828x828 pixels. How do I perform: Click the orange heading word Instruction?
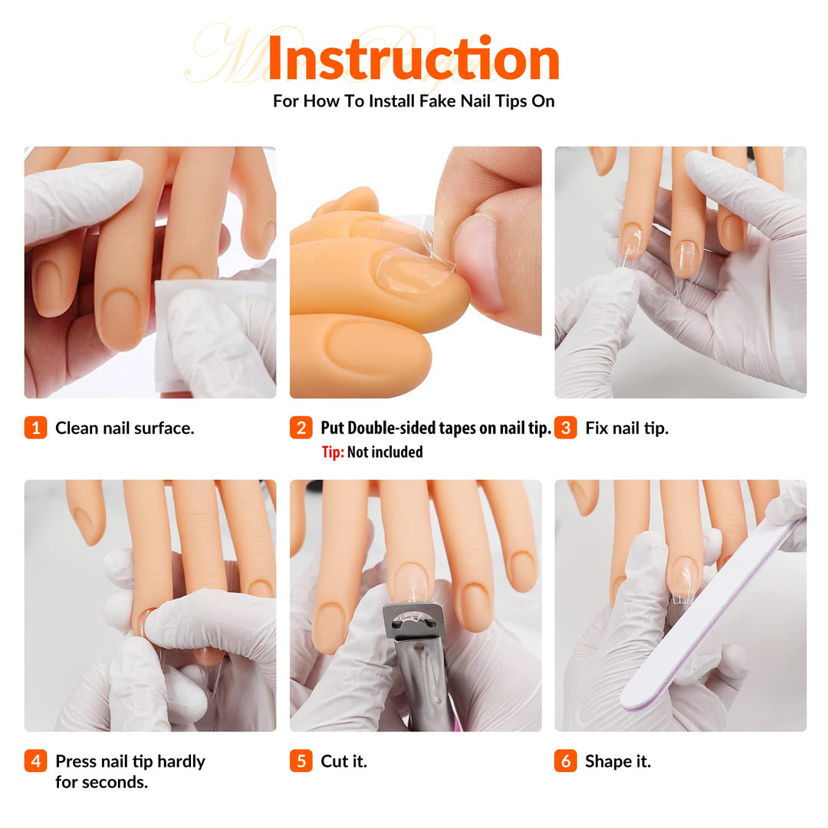(x=413, y=58)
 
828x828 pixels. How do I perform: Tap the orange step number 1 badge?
(x=35, y=428)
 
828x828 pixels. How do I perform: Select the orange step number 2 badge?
(x=301, y=428)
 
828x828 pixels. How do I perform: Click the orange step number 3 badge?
(x=566, y=428)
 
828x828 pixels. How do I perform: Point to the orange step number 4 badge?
(x=35, y=761)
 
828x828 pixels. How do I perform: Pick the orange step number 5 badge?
(x=301, y=761)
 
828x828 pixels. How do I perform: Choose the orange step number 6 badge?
(x=566, y=761)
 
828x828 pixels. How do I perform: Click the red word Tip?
(x=333, y=452)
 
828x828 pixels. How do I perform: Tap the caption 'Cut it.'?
(x=343, y=761)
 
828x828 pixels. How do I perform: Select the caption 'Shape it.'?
(x=618, y=762)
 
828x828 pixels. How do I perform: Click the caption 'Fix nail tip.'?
(x=627, y=429)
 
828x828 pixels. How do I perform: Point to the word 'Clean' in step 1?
(x=77, y=429)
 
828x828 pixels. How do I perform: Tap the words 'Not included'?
(x=385, y=452)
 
